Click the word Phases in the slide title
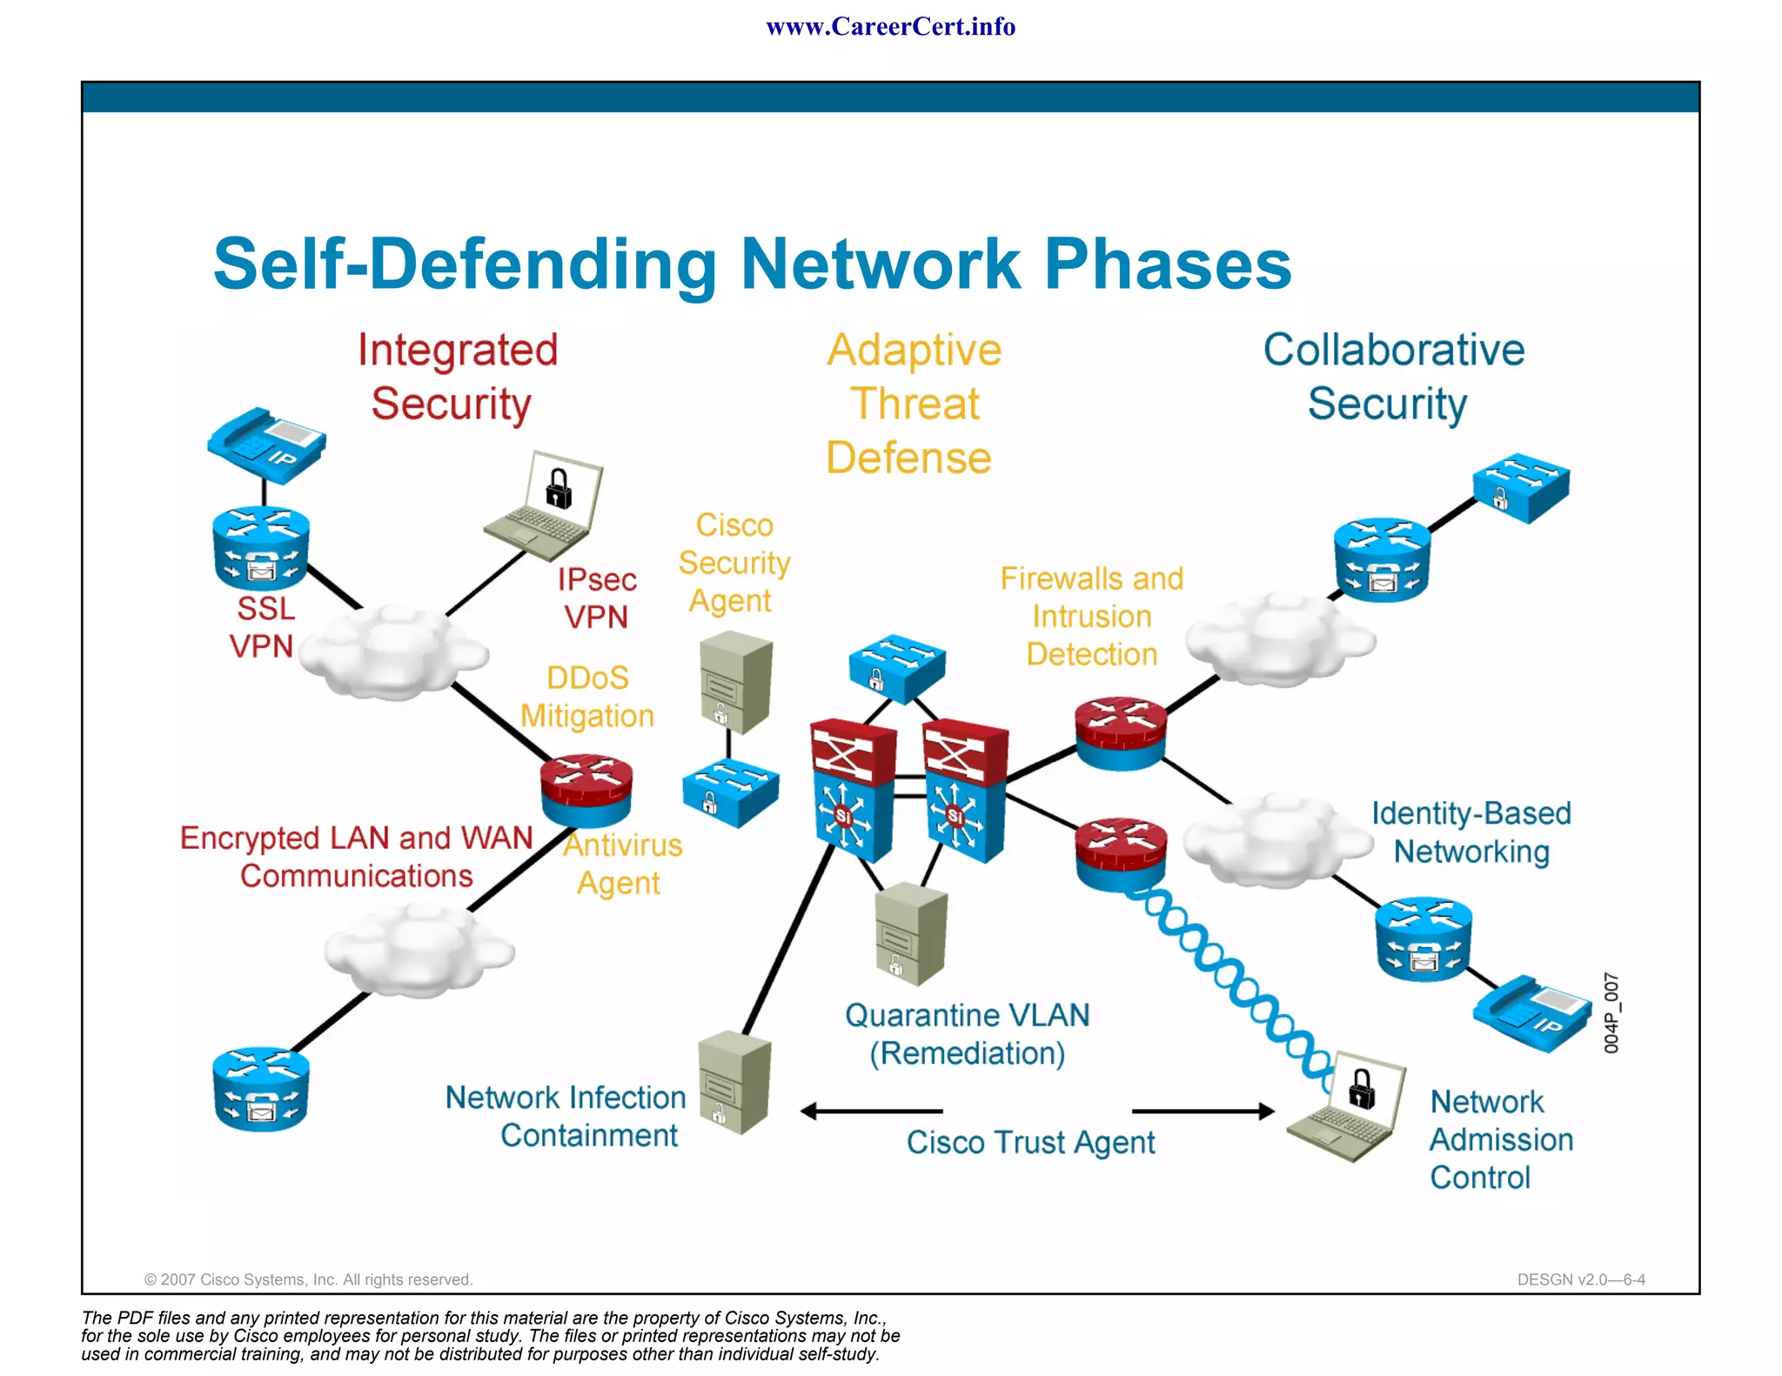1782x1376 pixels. (1168, 264)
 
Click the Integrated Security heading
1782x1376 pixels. (456, 377)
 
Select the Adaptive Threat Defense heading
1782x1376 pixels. (912, 404)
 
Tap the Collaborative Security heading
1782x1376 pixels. (1392, 377)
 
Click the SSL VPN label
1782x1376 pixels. (264, 627)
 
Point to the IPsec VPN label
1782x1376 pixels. (597, 598)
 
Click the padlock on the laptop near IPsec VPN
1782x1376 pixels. (559, 489)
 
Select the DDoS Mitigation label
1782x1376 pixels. (587, 697)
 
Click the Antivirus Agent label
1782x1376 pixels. (621, 864)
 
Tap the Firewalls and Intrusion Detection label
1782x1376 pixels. (1091, 616)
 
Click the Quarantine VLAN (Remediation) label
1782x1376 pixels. (967, 1034)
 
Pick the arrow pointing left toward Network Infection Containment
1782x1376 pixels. (870, 1111)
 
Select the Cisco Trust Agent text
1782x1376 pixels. (1030, 1142)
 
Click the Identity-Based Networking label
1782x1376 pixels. (1471, 832)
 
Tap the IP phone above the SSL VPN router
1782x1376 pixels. (266, 444)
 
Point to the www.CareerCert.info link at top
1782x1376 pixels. (890, 27)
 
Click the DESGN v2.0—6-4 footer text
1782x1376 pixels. (1580, 1279)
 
